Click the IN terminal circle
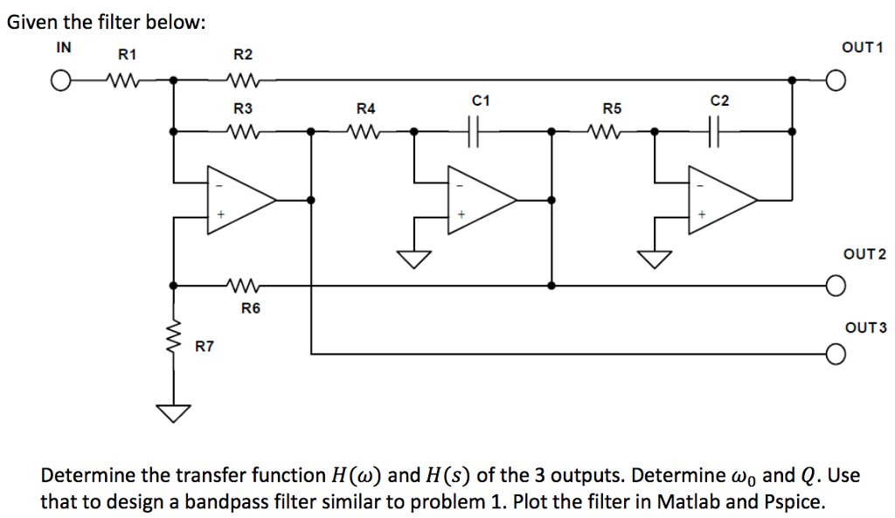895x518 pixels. pos(59,82)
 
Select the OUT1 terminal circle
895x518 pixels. pos(836,82)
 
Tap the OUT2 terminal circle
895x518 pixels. pos(836,286)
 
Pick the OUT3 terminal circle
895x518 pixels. pos(836,354)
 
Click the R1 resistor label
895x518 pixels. pos(128,55)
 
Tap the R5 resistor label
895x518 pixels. pos(612,109)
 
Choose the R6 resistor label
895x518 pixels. pos(251,307)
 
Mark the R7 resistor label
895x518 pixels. pos(204,347)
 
